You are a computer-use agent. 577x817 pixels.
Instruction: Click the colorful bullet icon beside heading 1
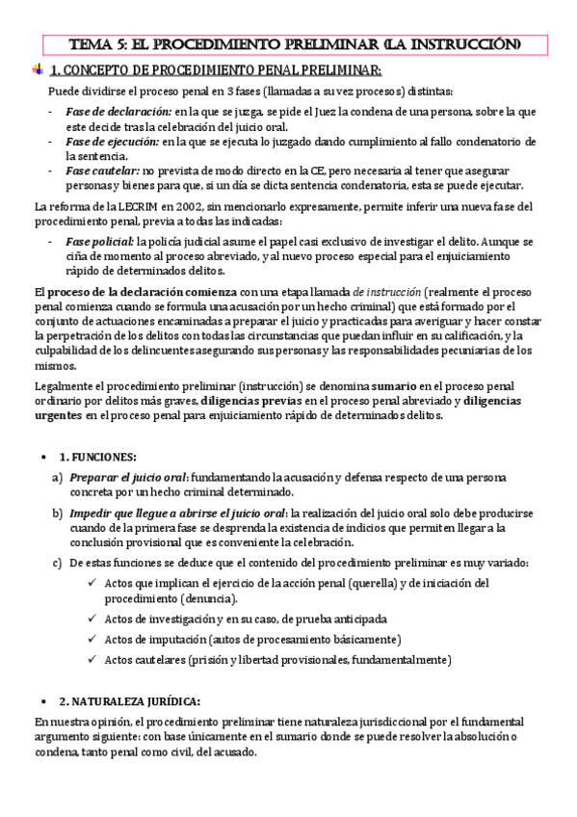(38, 69)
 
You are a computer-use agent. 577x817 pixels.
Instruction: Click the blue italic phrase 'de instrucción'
(386, 292)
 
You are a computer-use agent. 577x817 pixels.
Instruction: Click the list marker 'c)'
(57, 563)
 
